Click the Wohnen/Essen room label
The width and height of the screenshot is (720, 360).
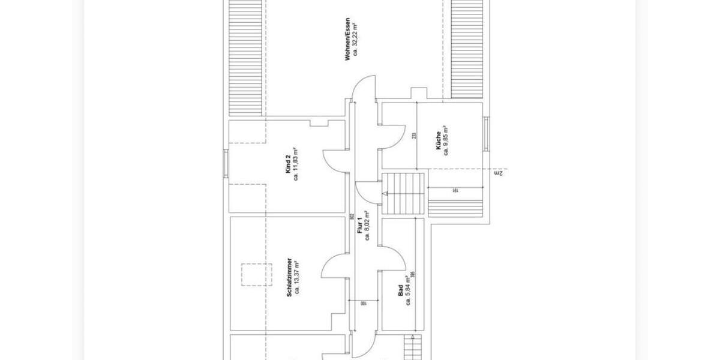[347, 40]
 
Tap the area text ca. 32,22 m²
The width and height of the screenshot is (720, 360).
[355, 40]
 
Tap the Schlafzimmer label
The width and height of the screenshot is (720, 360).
[290, 277]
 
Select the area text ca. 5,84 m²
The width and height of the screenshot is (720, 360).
[408, 289]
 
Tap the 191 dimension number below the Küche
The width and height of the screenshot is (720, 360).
[456, 190]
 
